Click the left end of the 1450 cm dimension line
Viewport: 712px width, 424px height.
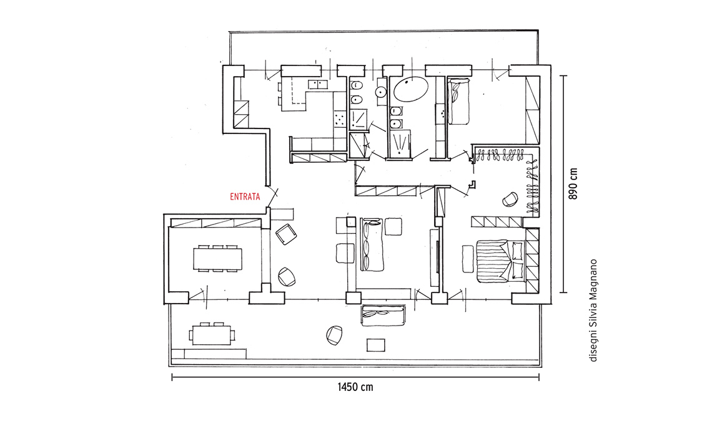(x=172, y=377)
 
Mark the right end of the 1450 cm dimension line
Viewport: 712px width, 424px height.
(x=539, y=377)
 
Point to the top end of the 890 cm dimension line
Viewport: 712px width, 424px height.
(x=563, y=75)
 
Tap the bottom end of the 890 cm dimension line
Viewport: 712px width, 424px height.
(x=563, y=292)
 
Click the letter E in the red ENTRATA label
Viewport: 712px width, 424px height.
(x=232, y=197)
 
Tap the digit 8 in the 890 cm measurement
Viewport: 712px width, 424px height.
(x=573, y=197)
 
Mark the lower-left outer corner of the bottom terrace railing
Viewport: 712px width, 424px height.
(x=169, y=366)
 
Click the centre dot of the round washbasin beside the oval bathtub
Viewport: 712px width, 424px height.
(x=380, y=92)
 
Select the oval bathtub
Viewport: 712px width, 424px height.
(x=411, y=89)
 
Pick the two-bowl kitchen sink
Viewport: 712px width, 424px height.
(x=318, y=84)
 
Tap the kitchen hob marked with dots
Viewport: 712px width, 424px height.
(x=339, y=119)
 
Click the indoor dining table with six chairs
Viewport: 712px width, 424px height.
(x=217, y=259)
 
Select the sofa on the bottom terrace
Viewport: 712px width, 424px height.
(x=383, y=316)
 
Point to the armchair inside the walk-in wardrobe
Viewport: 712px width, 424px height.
(x=510, y=200)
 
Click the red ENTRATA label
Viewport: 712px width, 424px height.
(x=245, y=197)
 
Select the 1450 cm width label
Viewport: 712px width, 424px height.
(x=355, y=387)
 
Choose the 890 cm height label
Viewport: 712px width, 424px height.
(x=573, y=184)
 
